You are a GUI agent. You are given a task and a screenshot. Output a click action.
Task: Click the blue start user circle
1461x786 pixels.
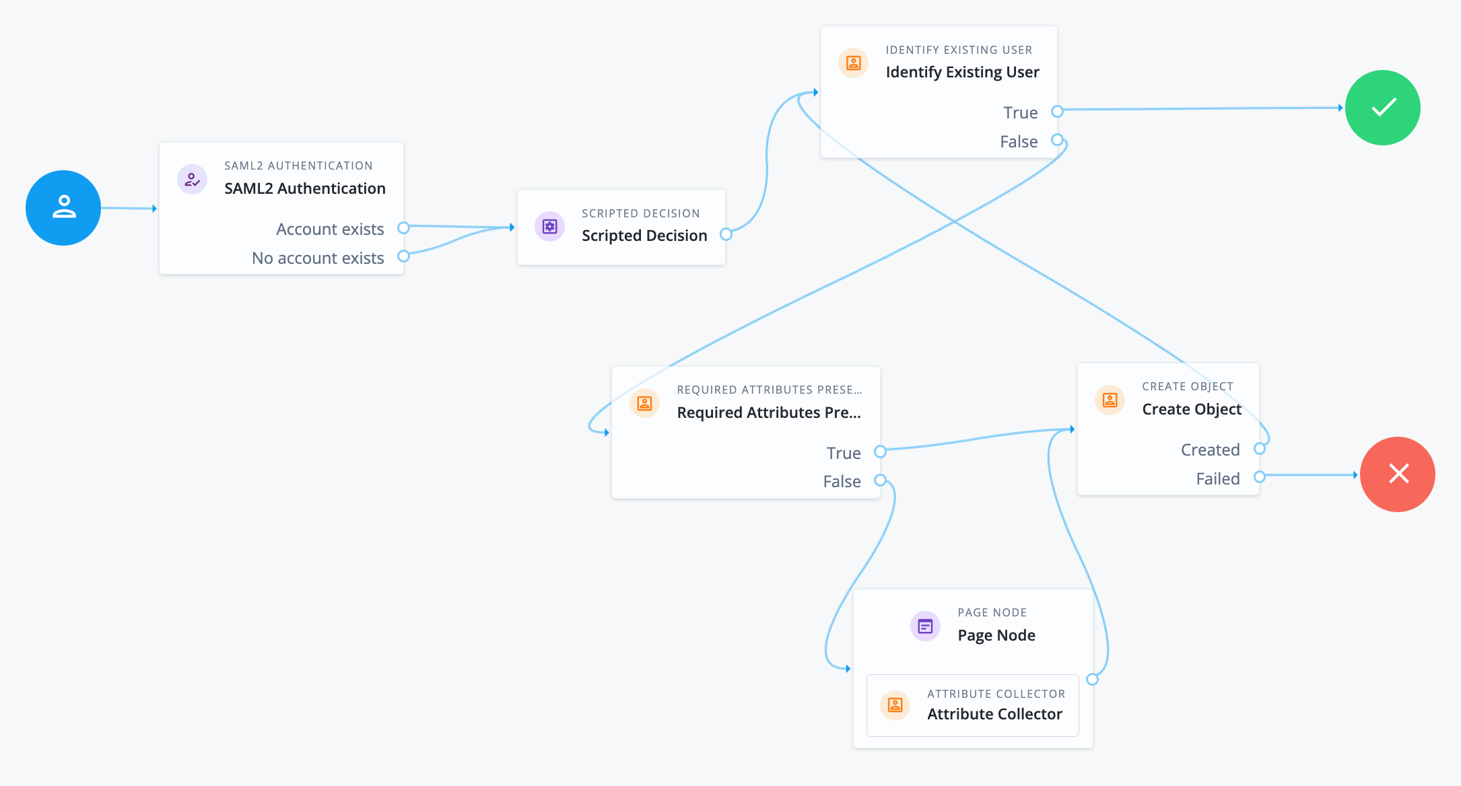(x=63, y=208)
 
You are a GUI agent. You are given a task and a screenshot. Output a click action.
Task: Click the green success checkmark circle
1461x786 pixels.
(x=1382, y=108)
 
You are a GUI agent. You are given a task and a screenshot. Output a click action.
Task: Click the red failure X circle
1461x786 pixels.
(x=1397, y=474)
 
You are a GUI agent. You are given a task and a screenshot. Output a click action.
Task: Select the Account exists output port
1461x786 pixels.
(x=403, y=228)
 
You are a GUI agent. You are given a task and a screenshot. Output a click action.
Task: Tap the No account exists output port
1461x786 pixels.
(x=403, y=256)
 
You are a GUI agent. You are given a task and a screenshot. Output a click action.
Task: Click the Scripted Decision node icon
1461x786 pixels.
(x=549, y=227)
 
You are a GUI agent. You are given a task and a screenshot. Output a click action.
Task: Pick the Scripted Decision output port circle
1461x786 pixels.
(x=726, y=234)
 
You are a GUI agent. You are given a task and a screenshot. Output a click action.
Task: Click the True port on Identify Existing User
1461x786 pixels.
(x=1057, y=111)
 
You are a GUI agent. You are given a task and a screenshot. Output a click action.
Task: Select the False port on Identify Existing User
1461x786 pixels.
(x=1057, y=140)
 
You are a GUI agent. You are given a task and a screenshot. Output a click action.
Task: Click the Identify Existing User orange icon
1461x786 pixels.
(x=853, y=63)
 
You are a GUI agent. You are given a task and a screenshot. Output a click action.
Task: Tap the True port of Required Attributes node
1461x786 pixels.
(x=880, y=452)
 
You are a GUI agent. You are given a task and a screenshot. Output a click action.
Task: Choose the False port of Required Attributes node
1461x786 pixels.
(x=880, y=480)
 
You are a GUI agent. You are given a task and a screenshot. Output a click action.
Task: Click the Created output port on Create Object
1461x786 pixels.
(x=1259, y=449)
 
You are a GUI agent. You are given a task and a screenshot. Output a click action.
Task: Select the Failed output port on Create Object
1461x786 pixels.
(x=1259, y=477)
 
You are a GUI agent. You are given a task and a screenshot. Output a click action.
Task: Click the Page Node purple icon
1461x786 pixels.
(x=925, y=627)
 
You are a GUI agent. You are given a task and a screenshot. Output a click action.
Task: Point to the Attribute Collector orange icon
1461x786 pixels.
(x=895, y=705)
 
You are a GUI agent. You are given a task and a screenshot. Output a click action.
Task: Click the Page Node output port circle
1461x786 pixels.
(x=1092, y=680)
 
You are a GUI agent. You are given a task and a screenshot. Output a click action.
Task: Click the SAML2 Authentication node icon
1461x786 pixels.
(x=192, y=180)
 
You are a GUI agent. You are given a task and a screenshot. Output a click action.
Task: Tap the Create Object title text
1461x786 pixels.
(x=1191, y=409)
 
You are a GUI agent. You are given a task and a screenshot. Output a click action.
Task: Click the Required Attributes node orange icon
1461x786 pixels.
(x=644, y=403)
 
